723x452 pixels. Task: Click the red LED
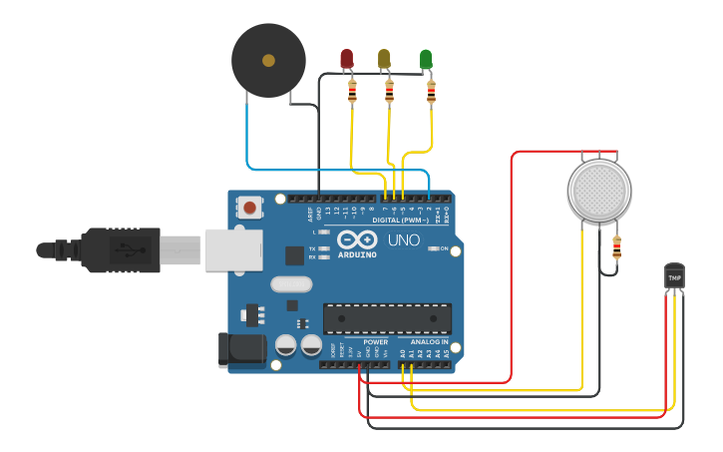[x=347, y=59]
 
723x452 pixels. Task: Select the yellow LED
[x=385, y=59]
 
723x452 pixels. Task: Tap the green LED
[x=427, y=59]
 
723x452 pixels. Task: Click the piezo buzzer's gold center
[x=268, y=61]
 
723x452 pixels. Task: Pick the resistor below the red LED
[x=352, y=93]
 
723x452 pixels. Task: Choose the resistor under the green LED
[x=431, y=93]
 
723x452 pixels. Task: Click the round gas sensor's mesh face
[x=599, y=190]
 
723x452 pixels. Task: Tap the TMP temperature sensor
[x=675, y=276]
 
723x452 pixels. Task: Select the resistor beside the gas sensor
[x=616, y=246]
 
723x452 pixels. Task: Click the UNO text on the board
[x=404, y=240]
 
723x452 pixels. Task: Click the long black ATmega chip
[x=387, y=318]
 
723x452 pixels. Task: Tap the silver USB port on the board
[x=232, y=249]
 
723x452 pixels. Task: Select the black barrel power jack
[x=242, y=349]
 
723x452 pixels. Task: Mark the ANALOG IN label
[x=430, y=342]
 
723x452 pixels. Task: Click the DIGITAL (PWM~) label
[x=400, y=219]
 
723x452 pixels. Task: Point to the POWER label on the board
[x=376, y=342]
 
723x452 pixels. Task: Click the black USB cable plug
[x=120, y=249]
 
